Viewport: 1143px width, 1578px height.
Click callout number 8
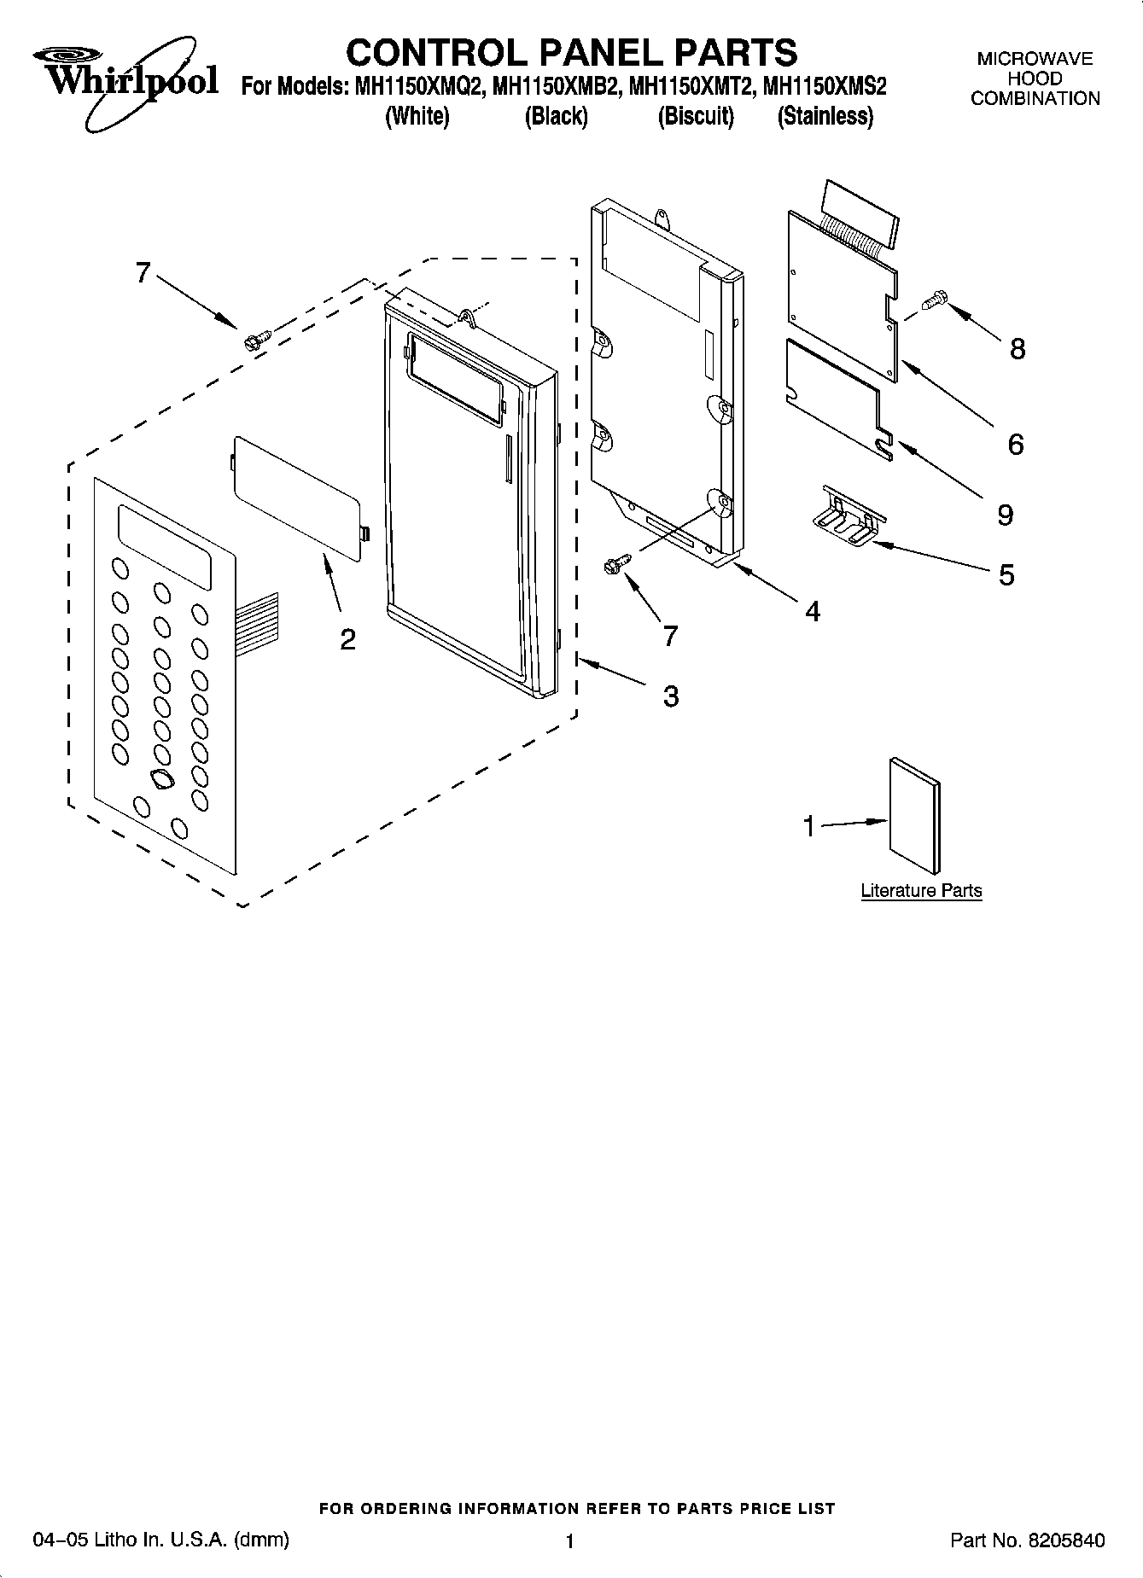point(1017,349)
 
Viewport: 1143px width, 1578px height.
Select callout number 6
point(1015,444)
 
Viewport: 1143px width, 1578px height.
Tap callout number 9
point(1005,515)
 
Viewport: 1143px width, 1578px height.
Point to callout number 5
point(1006,575)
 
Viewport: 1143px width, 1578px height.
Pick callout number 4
point(812,611)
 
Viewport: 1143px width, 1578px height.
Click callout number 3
point(671,696)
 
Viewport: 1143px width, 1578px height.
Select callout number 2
point(347,639)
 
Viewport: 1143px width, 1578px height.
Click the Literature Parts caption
point(921,891)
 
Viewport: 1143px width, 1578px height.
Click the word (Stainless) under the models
point(825,116)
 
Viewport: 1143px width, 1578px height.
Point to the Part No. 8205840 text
point(1027,1540)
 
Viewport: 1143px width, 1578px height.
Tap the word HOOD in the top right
point(1035,79)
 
